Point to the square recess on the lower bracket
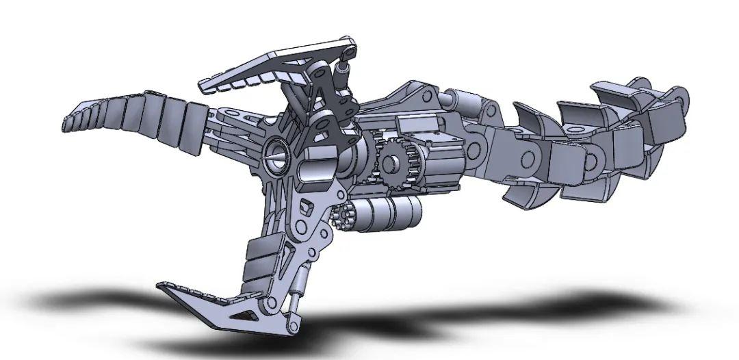(305, 205)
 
